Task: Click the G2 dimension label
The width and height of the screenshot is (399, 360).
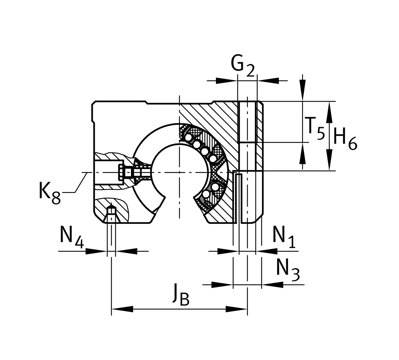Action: click(x=242, y=65)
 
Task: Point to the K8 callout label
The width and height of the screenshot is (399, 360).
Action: click(x=49, y=192)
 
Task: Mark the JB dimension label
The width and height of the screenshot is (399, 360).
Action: click(x=181, y=295)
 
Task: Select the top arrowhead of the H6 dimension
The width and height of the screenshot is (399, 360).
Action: click(x=330, y=111)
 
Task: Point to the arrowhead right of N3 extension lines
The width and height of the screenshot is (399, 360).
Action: click(x=272, y=285)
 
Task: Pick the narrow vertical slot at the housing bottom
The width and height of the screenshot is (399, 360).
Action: click(x=239, y=198)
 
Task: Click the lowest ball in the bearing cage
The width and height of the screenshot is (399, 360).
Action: click(x=206, y=195)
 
